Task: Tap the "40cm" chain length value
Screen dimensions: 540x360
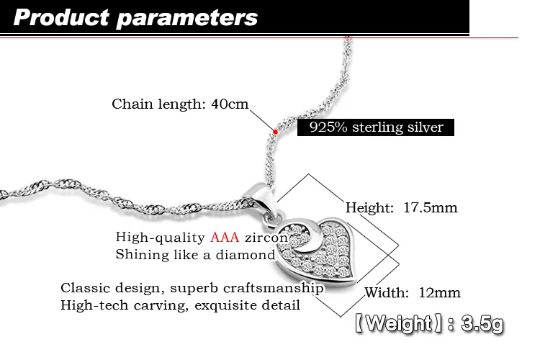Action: pyautogui.click(x=230, y=104)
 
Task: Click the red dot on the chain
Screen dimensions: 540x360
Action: pyautogui.click(x=275, y=131)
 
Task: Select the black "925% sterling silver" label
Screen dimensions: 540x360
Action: pyautogui.click(x=376, y=128)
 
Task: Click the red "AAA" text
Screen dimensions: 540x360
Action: pyautogui.click(x=225, y=238)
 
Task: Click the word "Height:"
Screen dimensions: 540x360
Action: pyautogui.click(x=367, y=208)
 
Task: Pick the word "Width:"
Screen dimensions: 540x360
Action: pyautogui.click(x=387, y=292)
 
